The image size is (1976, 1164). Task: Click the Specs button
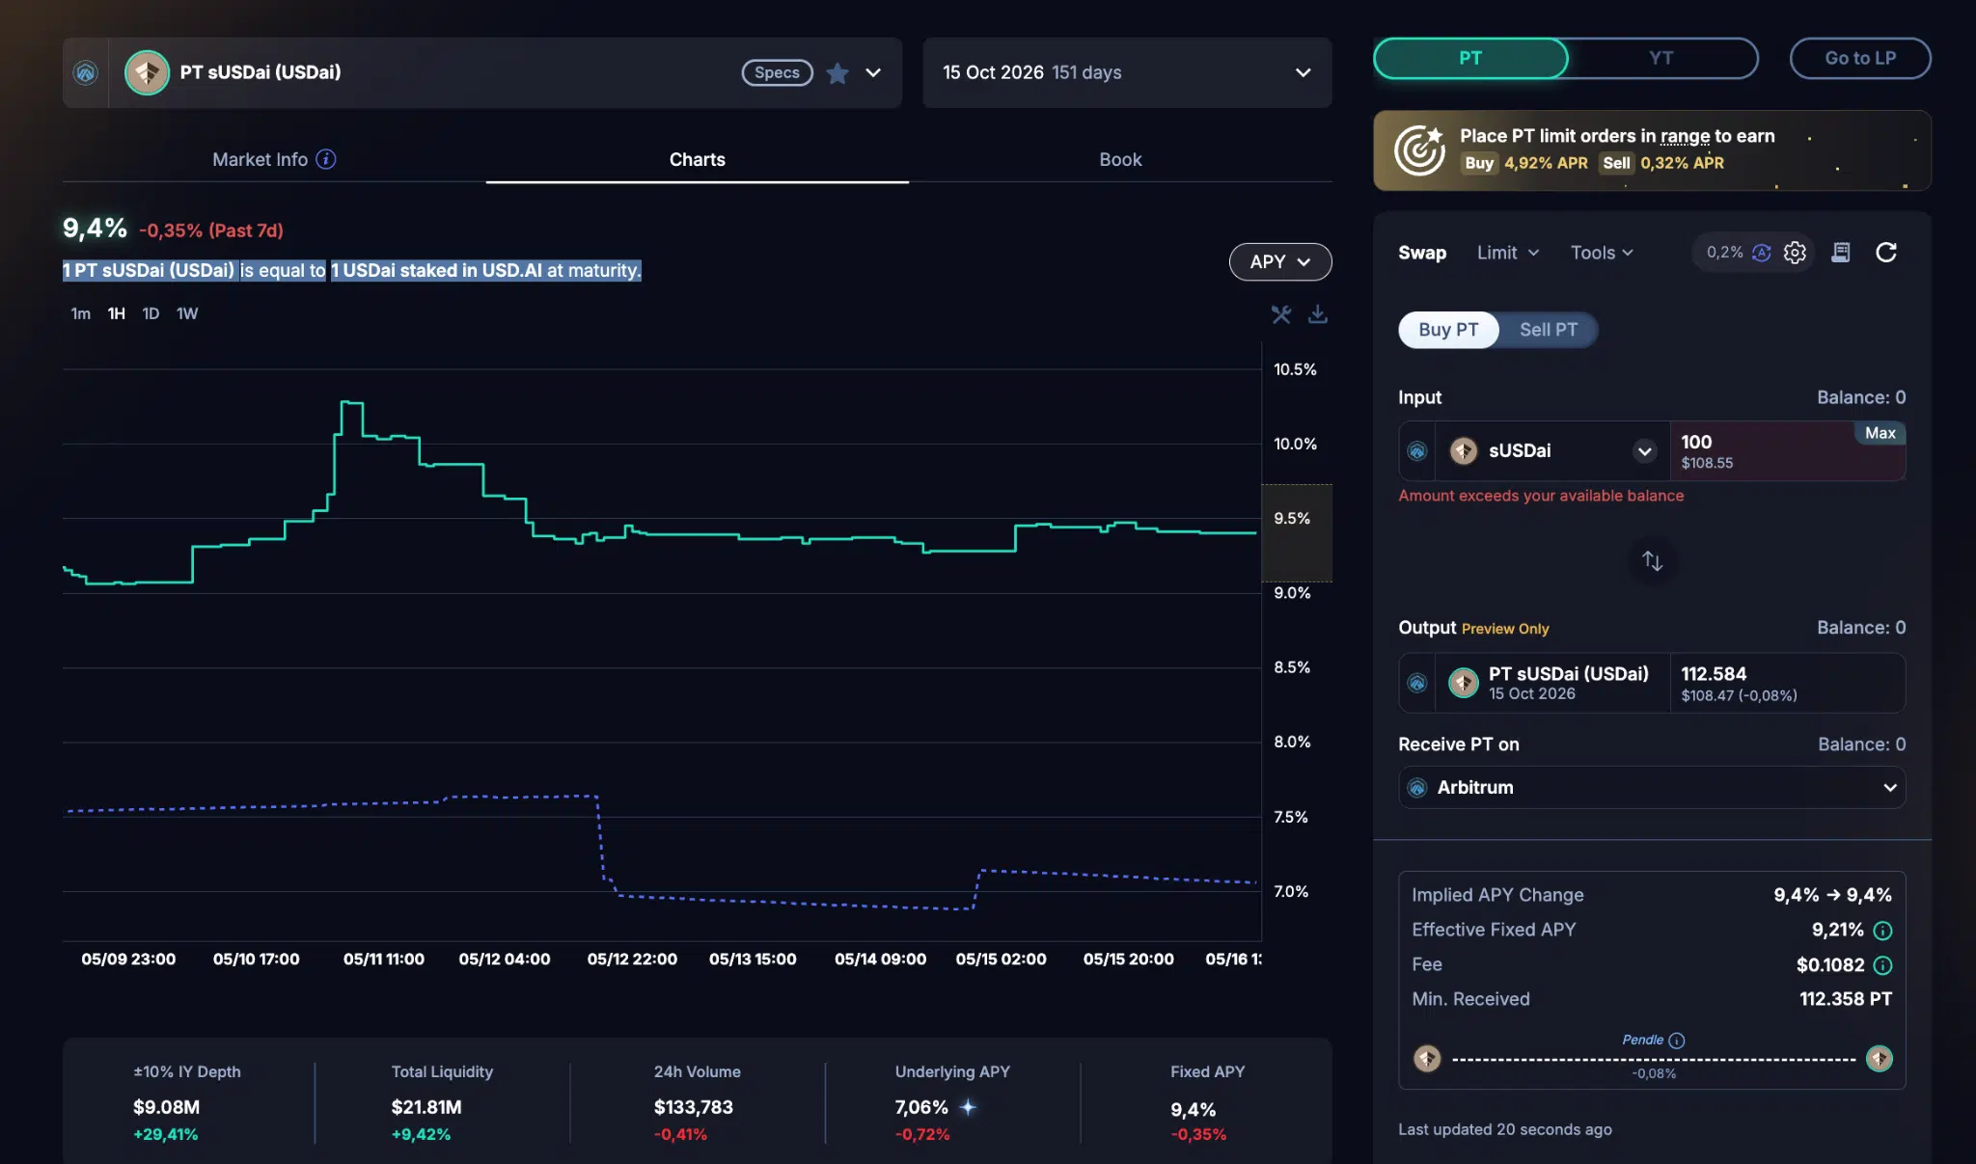[777, 72]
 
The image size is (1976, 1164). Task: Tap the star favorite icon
[837, 73]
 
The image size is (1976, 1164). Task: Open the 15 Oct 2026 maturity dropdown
[1127, 72]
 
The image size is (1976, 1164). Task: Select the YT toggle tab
[1660, 58]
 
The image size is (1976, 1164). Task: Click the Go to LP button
[1860, 58]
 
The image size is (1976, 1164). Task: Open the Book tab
[1120, 159]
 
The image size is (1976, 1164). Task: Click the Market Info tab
[274, 159]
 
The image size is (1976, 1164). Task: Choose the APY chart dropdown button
[1280, 261]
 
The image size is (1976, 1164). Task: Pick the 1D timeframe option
[151, 313]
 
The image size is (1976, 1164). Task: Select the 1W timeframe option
[187, 313]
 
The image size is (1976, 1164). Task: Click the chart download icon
[1317, 314]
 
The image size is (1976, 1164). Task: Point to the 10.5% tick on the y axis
[1295, 369]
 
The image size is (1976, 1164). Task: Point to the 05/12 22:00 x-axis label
[632, 959]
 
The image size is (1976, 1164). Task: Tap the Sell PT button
[1549, 330]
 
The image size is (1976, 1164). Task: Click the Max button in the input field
[1880, 433]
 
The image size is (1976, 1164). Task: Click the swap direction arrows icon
[1652, 560]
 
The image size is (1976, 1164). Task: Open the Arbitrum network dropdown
[1652, 787]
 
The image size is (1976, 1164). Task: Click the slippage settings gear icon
[1795, 253]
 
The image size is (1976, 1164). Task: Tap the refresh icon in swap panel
[1886, 253]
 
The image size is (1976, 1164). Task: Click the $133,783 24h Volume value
[694, 1107]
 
